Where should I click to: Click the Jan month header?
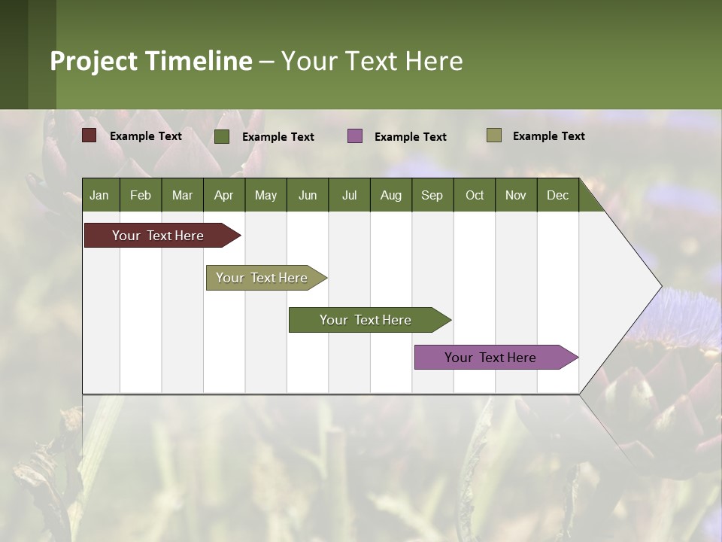tap(99, 195)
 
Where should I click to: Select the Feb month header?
tap(141, 195)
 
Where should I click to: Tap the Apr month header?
tap(223, 195)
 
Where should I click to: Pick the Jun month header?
tap(308, 195)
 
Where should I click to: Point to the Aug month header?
tap(390, 195)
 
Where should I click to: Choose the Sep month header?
tap(432, 195)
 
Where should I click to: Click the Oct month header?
tap(475, 195)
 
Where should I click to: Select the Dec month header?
tap(557, 195)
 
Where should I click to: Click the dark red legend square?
tap(89, 135)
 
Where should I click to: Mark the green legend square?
tap(222, 136)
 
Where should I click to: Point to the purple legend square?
tap(355, 135)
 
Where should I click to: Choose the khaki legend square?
tap(493, 135)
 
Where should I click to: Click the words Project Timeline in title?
tap(151, 61)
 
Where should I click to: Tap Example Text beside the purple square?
tap(410, 137)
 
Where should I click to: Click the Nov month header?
tap(516, 195)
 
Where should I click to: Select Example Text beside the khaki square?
tap(548, 136)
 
